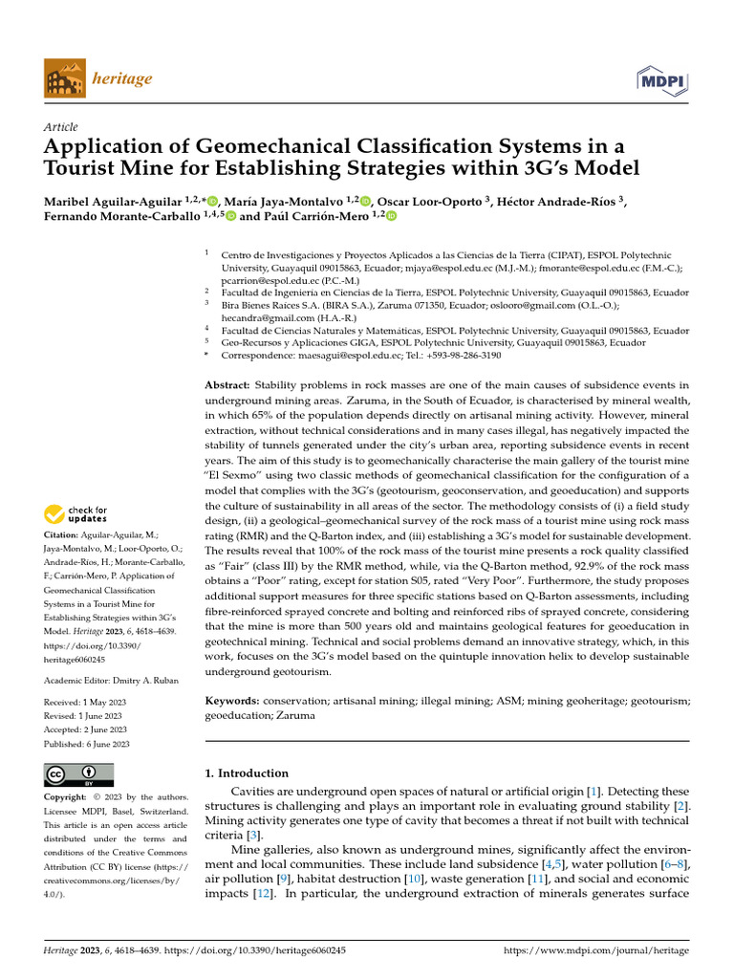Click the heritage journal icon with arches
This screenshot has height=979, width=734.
(63, 78)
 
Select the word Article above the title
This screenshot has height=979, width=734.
(61, 127)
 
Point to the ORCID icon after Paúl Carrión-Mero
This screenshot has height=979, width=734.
(390, 217)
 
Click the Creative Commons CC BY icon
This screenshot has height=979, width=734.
(79, 774)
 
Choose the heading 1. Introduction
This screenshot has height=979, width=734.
(247, 772)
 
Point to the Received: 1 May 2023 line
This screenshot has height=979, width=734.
(86, 702)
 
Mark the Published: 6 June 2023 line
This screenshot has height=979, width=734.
(87, 743)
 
